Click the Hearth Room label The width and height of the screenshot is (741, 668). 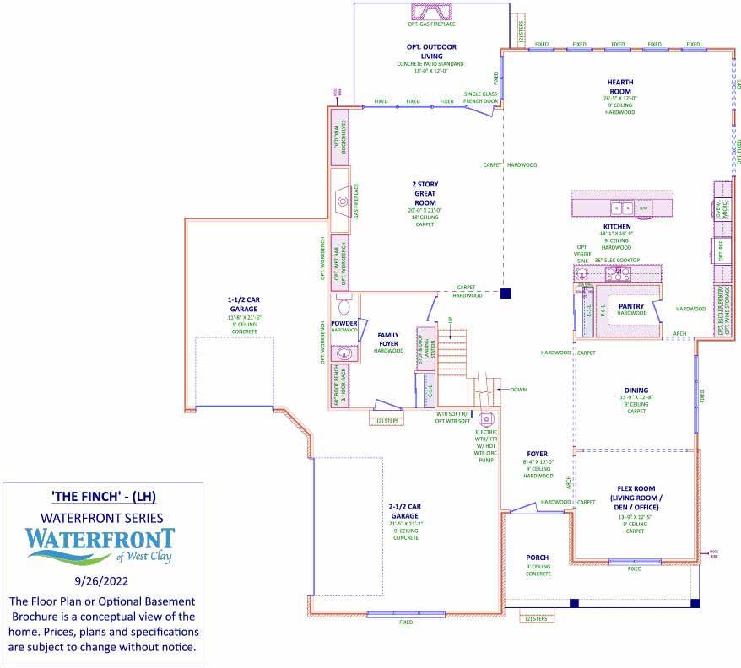tap(619, 87)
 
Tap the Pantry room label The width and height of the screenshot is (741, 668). tap(631, 305)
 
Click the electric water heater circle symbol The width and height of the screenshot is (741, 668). tap(486, 419)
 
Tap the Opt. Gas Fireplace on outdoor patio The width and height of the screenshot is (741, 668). tap(431, 13)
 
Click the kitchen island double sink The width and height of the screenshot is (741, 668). tap(622, 207)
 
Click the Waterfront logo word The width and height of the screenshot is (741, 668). tap(100, 537)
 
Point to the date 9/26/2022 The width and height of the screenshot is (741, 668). tap(100, 581)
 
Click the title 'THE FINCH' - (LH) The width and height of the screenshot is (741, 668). tap(100, 494)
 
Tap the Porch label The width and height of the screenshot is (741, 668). tap(537, 558)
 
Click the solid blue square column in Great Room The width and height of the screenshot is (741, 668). tap(506, 294)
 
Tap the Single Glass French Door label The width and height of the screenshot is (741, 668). tap(480, 98)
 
